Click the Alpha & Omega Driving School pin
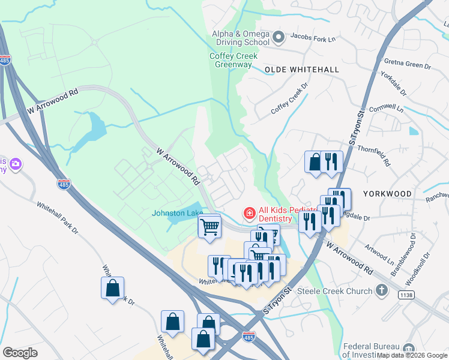coord(278,38)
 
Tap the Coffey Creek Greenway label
coord(234,60)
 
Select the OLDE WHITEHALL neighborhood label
coord(301,70)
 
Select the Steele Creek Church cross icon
coord(381,291)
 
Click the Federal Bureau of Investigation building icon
coord(409,349)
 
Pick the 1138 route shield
coord(406,294)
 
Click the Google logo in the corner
coord(20,353)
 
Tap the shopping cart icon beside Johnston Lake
coord(209,227)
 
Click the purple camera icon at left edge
coord(16,164)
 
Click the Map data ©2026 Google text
coord(412,355)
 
